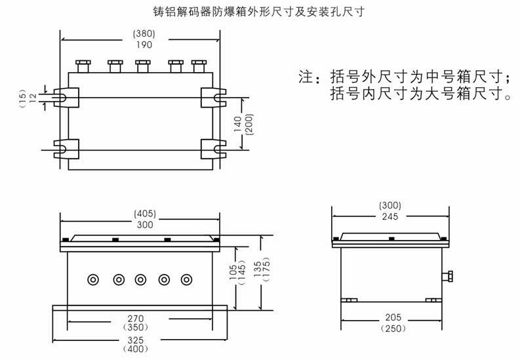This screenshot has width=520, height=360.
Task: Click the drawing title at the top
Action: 258,12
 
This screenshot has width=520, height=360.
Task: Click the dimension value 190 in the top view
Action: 144,45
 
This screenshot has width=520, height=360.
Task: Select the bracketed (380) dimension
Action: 144,34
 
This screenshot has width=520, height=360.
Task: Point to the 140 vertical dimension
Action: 238,124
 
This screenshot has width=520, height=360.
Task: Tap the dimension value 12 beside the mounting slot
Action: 33,98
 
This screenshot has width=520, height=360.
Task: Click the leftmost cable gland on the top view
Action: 83,66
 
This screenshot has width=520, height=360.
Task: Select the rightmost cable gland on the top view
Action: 199,66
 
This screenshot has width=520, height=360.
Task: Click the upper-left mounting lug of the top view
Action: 66,98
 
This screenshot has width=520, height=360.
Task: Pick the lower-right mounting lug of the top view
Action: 214,149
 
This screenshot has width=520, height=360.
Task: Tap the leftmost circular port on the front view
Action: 93,280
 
